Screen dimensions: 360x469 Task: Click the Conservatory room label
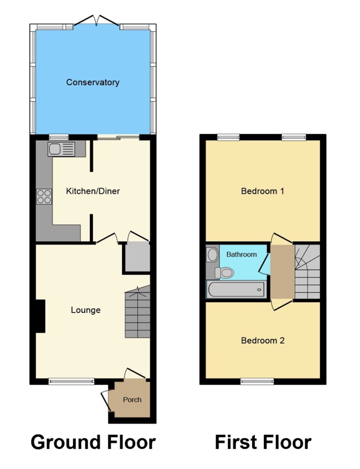tap(93, 82)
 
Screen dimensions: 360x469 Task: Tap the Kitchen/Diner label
tap(93, 191)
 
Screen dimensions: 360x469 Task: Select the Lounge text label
tap(85, 310)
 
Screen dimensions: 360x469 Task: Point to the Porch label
tap(132, 400)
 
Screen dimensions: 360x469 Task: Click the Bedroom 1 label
tap(262, 191)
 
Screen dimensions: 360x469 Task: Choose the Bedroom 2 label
tap(262, 340)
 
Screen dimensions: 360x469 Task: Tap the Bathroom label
tap(241, 255)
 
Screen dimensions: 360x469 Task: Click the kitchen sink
tap(61, 149)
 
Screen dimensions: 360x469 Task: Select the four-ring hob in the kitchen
tap(44, 197)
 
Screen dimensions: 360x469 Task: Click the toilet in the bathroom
tap(225, 272)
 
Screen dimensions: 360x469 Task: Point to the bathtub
tap(236, 289)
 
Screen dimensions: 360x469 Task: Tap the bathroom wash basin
tap(213, 255)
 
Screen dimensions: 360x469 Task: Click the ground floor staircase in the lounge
tap(137, 312)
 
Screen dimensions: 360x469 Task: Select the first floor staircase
tap(307, 272)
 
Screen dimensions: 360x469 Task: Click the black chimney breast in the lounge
tap(40, 316)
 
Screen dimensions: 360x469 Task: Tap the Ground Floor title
tap(93, 442)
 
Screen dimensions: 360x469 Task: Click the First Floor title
tap(263, 442)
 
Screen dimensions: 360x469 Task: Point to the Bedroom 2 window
tap(257, 381)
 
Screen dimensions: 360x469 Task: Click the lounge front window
tap(71, 381)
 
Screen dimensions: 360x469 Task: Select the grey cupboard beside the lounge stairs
tap(137, 257)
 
